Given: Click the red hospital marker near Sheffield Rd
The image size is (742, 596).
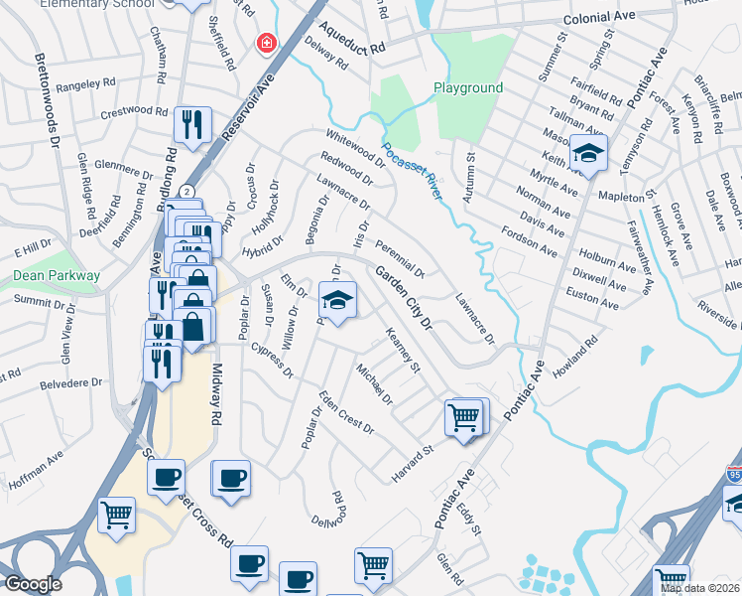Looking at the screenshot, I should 266,44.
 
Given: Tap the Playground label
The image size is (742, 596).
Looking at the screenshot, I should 468,88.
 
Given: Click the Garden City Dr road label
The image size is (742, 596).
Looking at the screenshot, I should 405,297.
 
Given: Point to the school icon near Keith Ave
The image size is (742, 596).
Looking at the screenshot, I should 588,155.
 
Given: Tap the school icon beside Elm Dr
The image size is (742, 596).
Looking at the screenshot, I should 337,301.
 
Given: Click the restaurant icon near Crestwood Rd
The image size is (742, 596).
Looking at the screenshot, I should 192,125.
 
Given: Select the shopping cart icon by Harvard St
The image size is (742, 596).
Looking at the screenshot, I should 463,417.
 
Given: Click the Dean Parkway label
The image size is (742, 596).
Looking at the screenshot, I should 57,275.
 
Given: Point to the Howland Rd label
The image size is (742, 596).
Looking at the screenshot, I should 578,354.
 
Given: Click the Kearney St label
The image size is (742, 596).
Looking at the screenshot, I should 404,352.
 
